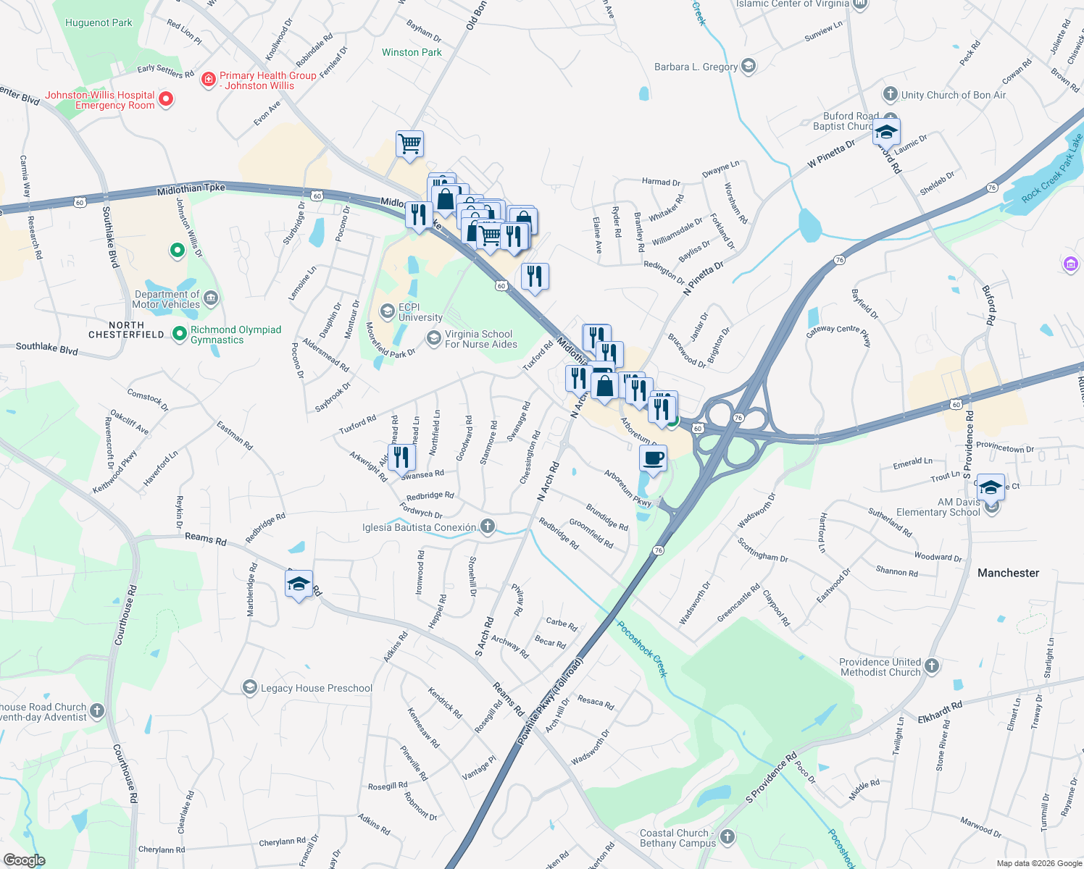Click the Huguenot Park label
[x=99, y=22]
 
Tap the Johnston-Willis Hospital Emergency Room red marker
[x=165, y=98]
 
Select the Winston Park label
[x=412, y=52]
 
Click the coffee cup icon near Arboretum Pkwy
[x=653, y=459]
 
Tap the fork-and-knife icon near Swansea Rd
[x=401, y=458]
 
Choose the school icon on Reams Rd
[x=299, y=584]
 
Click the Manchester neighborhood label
[x=1008, y=573]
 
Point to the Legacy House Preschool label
[x=316, y=688]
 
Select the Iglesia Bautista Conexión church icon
[x=488, y=526]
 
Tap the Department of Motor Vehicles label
[x=167, y=299]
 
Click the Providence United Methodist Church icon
[x=932, y=666]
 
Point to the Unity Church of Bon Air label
[x=953, y=95]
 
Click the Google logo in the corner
[x=24, y=860]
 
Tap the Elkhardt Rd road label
[x=940, y=712]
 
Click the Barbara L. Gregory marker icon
[x=749, y=67]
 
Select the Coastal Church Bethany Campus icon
[x=727, y=837]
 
